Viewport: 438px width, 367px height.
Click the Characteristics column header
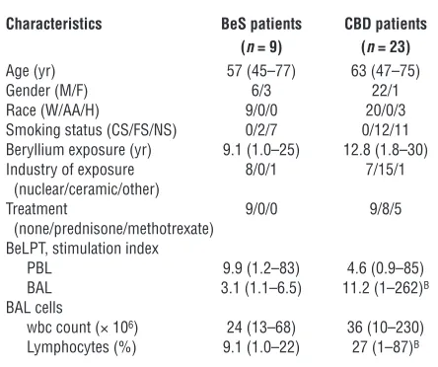coord(54,24)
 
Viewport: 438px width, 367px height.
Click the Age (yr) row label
coord(31,71)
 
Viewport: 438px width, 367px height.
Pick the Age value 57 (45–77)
coord(261,71)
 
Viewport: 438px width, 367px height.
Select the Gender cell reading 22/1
coord(385,91)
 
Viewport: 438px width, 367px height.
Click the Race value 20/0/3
coord(386,110)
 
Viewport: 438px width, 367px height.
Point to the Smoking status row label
coord(91,130)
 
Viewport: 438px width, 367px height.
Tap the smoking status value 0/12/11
coord(385,130)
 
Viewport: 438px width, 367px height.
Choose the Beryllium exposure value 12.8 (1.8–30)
coord(386,150)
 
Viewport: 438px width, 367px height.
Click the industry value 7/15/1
coord(385,170)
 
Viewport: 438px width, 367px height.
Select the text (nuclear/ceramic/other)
coord(87,189)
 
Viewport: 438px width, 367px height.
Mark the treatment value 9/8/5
coord(386,209)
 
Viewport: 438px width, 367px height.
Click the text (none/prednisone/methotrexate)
coord(113,229)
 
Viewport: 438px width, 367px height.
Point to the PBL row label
coord(39,268)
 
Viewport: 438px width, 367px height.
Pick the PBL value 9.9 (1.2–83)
coord(261,268)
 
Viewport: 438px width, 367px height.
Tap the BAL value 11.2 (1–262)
coord(386,288)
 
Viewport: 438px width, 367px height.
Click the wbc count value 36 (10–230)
coord(386,328)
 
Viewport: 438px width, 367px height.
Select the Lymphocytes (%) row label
coord(81,347)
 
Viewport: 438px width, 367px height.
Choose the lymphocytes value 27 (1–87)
coord(386,347)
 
